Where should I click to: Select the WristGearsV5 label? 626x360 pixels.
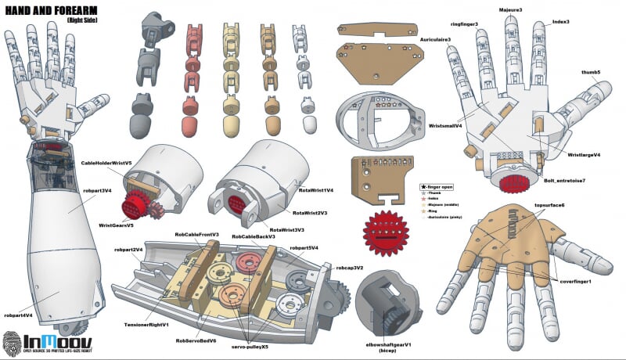click(x=116, y=225)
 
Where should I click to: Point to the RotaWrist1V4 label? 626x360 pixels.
click(x=316, y=190)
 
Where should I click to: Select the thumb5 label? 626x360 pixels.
click(x=590, y=72)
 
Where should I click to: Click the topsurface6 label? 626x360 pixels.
click(x=549, y=205)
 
